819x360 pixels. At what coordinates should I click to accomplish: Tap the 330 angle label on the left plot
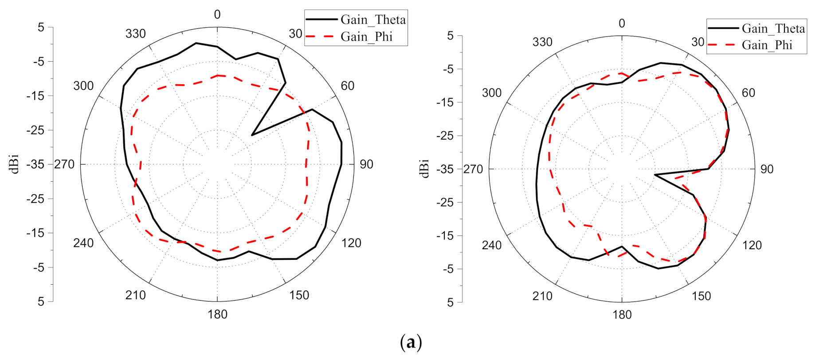135,34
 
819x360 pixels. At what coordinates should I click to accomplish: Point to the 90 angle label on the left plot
366,164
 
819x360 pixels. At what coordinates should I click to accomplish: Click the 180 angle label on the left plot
217,314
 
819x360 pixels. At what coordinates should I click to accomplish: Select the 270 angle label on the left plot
65,164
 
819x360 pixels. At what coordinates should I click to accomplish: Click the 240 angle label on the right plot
492,245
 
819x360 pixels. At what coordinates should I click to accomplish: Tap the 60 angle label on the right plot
748,93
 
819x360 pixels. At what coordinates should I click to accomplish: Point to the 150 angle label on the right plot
701,296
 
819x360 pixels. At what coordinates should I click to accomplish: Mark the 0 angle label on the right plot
622,23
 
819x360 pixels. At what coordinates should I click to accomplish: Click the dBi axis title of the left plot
15,164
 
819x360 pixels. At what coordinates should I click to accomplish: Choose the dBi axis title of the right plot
425,169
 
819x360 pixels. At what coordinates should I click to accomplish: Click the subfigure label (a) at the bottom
411,343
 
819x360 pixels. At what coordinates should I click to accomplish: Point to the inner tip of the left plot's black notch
251,135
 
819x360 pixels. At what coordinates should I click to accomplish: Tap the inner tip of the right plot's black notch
655,175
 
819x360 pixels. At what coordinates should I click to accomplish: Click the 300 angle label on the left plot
83,86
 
